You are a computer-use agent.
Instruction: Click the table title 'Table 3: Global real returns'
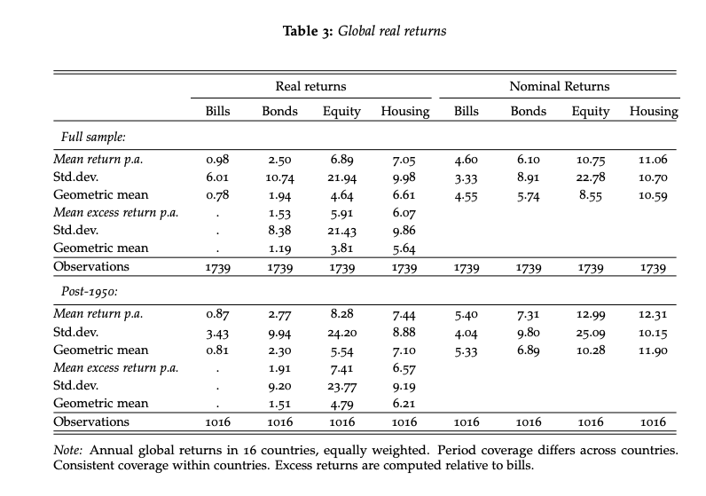point(365,32)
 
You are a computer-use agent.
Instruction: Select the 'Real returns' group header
point(310,86)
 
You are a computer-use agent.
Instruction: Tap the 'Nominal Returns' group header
point(559,86)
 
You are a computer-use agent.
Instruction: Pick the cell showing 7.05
point(403,161)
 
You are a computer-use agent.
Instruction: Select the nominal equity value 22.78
point(590,177)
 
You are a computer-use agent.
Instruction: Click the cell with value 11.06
point(652,161)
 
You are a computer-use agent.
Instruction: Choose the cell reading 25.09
point(590,333)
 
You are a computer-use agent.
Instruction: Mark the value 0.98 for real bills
point(217,161)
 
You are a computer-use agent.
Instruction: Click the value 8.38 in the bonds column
point(279,230)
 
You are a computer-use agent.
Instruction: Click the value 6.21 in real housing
point(403,404)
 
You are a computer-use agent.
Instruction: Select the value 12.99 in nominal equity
point(590,315)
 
